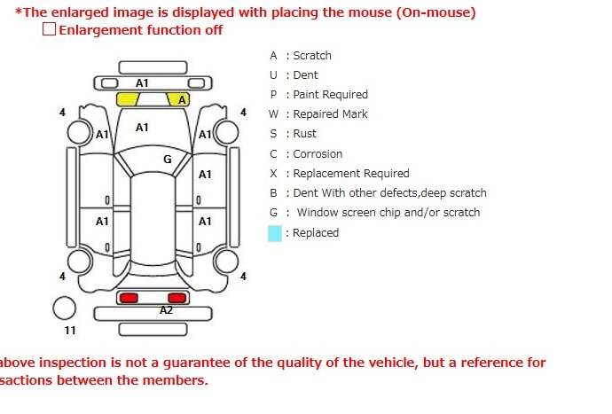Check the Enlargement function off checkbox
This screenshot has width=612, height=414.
49,29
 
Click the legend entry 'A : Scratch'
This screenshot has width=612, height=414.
301,55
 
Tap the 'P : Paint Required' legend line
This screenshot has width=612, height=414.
318,95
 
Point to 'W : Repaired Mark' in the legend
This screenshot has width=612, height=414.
318,114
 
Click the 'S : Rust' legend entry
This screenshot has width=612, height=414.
293,134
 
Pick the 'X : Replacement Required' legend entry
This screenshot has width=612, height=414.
340,174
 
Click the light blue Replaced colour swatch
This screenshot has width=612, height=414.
275,233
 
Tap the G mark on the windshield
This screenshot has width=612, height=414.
167,160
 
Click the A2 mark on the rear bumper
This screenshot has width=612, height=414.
166,311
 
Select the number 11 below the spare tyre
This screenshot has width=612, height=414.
70,331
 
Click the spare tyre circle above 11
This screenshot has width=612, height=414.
65,309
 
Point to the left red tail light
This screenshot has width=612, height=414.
129,297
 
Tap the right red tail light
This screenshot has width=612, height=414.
177,297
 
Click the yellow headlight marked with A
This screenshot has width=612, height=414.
180,99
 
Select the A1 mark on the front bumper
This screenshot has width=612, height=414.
142,82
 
